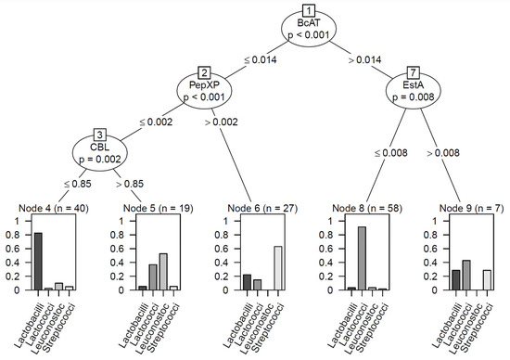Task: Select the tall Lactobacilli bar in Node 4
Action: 39,261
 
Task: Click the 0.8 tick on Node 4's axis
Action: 14,236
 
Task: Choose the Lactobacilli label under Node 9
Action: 453,325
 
